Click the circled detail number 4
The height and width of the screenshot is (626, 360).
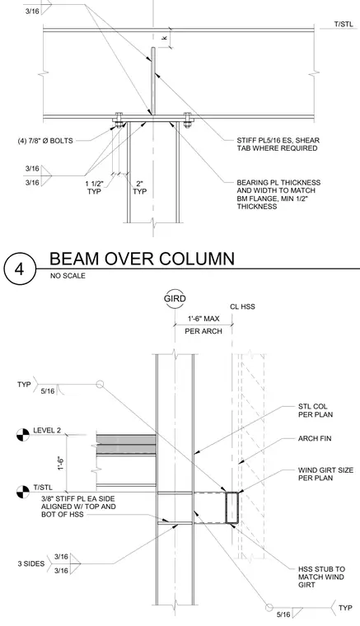pyautogui.click(x=20, y=269)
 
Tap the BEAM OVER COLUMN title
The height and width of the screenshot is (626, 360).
pyautogui.click(x=142, y=259)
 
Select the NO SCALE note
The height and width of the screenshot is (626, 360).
pyautogui.click(x=68, y=275)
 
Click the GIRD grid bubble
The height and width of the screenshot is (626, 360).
pyautogui.click(x=175, y=299)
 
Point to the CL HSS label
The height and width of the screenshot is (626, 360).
pyautogui.click(x=242, y=306)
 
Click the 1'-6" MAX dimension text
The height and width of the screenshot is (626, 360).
pyautogui.click(x=203, y=319)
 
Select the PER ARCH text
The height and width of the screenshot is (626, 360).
pyautogui.click(x=203, y=331)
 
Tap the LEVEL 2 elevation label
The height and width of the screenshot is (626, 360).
pyautogui.click(x=47, y=430)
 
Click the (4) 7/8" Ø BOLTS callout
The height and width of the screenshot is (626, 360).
pyautogui.click(x=45, y=141)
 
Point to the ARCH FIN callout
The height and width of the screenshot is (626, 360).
pyautogui.click(x=315, y=438)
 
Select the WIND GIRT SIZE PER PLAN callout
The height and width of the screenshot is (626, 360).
pyautogui.click(x=325, y=474)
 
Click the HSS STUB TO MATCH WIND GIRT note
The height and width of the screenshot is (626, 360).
pyautogui.click(x=321, y=577)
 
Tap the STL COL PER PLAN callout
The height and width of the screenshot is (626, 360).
pyautogui.click(x=316, y=410)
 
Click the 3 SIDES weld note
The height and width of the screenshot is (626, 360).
pyautogui.click(x=31, y=563)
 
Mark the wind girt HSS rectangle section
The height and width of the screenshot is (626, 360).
pyautogui.click(x=231, y=507)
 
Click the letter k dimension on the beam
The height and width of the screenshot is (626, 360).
pyautogui.click(x=165, y=38)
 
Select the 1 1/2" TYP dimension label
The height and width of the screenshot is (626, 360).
pyautogui.click(x=94, y=188)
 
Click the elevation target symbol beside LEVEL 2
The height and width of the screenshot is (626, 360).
pyautogui.click(x=23, y=435)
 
